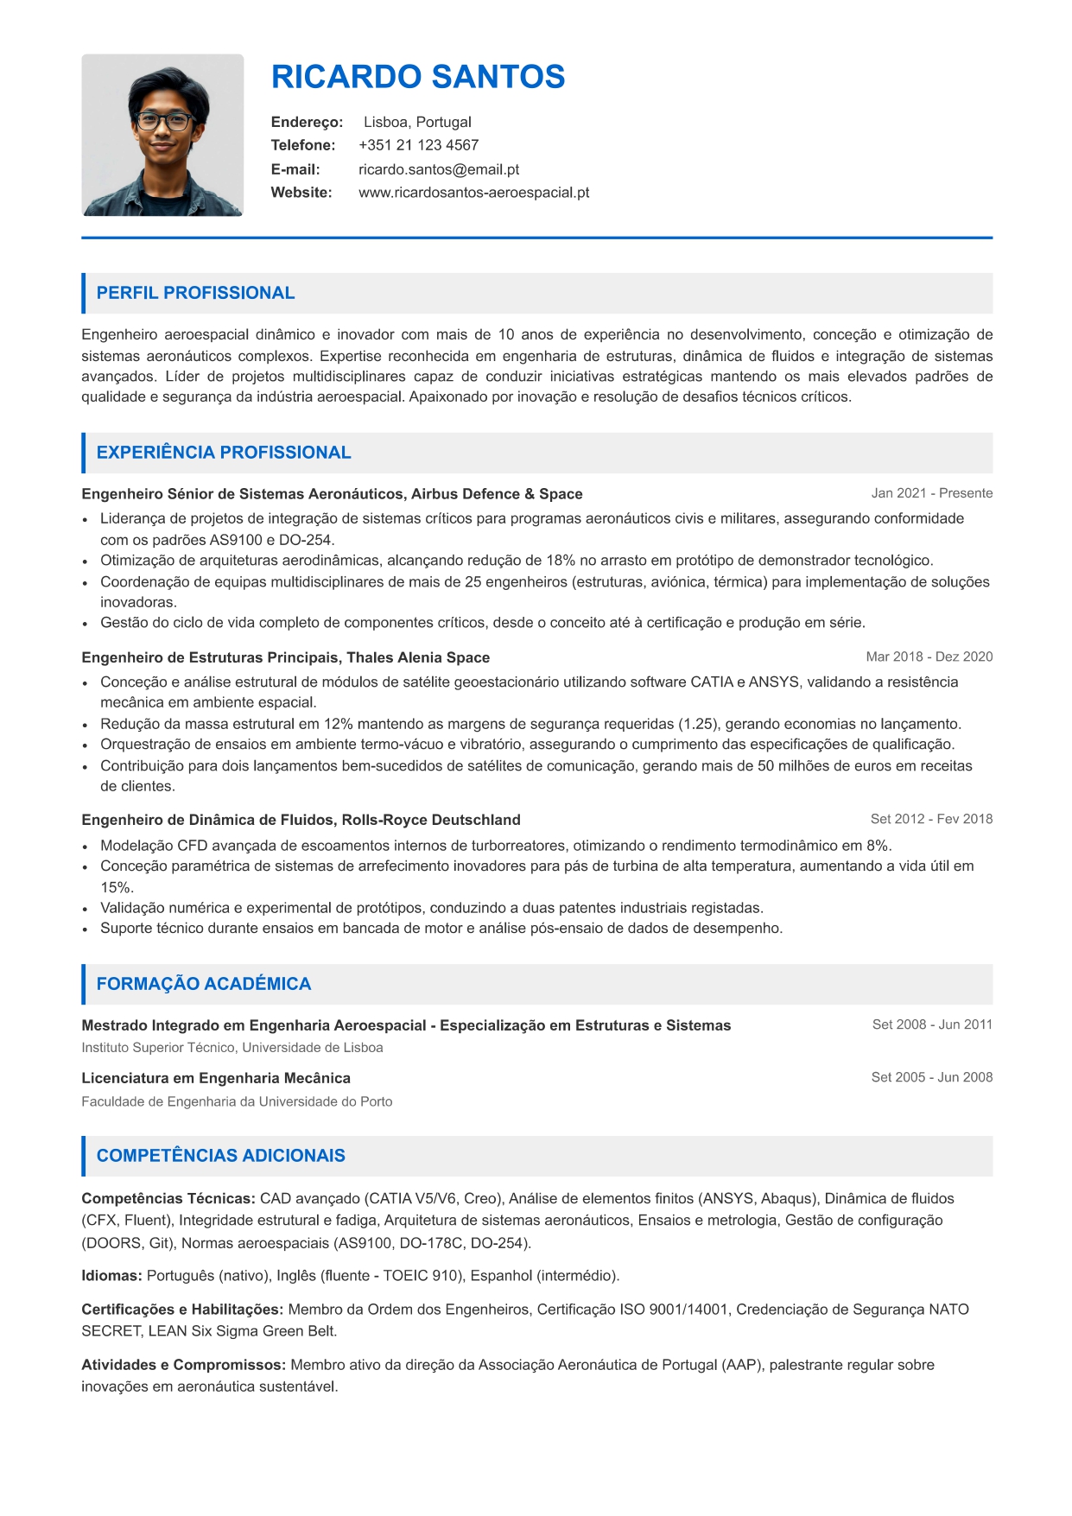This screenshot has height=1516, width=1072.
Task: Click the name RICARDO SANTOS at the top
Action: click(418, 77)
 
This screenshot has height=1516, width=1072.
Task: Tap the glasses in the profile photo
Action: click(163, 121)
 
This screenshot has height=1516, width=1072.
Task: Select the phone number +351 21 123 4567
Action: click(418, 145)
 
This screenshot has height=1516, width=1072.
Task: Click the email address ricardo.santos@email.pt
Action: click(439, 169)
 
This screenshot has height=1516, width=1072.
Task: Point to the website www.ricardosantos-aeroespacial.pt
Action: click(473, 193)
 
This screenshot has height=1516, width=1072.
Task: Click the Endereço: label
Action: click(307, 122)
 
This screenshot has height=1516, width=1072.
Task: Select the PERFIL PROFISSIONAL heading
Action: click(195, 293)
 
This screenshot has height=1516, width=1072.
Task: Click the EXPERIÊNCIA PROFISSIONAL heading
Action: click(224, 453)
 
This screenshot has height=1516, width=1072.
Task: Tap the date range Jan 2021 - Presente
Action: click(931, 493)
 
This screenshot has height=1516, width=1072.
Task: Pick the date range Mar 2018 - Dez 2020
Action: click(929, 657)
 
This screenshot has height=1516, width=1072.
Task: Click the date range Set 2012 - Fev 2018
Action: click(931, 819)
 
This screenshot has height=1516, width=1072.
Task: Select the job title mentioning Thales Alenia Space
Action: click(285, 657)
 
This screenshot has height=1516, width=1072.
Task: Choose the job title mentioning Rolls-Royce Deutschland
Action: click(301, 820)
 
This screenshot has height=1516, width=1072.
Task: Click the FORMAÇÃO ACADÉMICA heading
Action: click(204, 984)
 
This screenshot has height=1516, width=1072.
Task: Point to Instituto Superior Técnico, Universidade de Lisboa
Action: click(232, 1048)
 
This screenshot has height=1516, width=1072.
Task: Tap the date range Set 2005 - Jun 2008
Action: click(931, 1077)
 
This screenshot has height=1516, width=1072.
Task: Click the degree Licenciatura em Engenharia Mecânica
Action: click(216, 1078)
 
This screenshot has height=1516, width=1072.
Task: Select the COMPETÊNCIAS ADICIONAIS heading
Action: click(221, 1156)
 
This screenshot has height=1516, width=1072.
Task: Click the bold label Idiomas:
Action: click(111, 1276)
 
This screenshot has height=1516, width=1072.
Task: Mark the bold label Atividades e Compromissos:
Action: click(183, 1365)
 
